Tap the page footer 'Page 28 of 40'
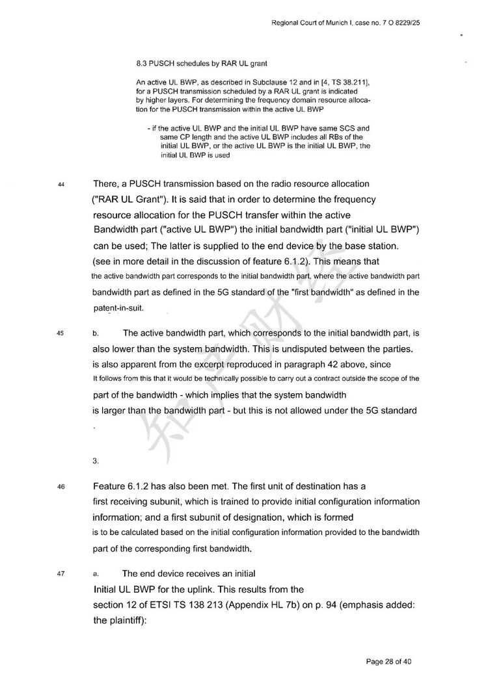(389, 662)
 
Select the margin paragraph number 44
(61, 185)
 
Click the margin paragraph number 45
(61, 333)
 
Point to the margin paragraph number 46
(61, 487)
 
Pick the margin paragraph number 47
(61, 574)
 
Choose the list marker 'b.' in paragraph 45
(96, 333)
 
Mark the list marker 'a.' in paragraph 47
(96, 574)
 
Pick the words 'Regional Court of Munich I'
(312, 24)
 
